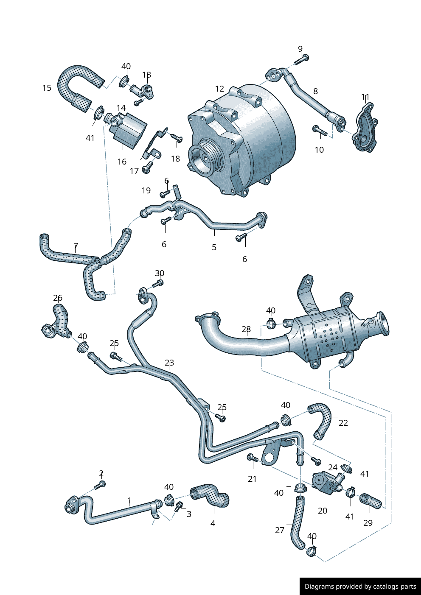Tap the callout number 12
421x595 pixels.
219,89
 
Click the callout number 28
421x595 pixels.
246,329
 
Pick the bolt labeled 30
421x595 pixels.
158,283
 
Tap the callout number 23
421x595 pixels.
169,363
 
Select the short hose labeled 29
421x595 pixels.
371,501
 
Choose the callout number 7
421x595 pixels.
76,246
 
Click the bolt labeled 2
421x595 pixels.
100,484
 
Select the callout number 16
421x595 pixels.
122,162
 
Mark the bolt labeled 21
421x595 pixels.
252,458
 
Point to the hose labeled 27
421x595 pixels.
297,522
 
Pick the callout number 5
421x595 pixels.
214,247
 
